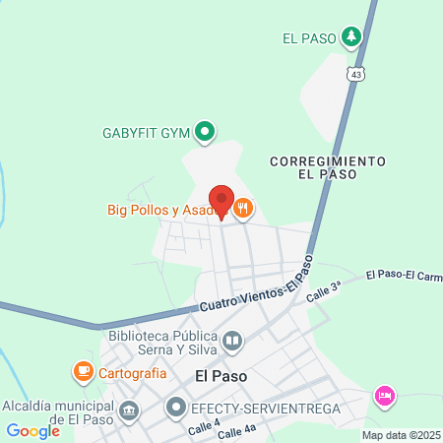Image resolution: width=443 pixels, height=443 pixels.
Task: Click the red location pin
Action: pos(221,200)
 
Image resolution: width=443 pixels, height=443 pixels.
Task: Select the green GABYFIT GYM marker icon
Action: pos(205,131)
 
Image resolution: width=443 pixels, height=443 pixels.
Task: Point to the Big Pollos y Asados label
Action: pos(167,209)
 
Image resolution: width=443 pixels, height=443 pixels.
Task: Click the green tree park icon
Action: pos(351,38)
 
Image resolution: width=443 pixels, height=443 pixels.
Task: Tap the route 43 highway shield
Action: pos(355,74)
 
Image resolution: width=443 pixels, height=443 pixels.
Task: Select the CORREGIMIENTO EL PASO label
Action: pos(326,166)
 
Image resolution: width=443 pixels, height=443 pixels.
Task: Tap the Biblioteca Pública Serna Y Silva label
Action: pos(163,342)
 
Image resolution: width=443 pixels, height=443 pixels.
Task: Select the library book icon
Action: pos(233,342)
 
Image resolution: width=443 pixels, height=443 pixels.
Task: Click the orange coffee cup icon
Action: pos(83,372)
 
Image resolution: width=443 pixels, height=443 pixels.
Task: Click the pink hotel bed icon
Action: pos(384,396)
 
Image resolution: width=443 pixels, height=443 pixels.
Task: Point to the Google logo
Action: pos(32,430)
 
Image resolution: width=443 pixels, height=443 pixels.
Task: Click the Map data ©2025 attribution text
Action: pos(400,435)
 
